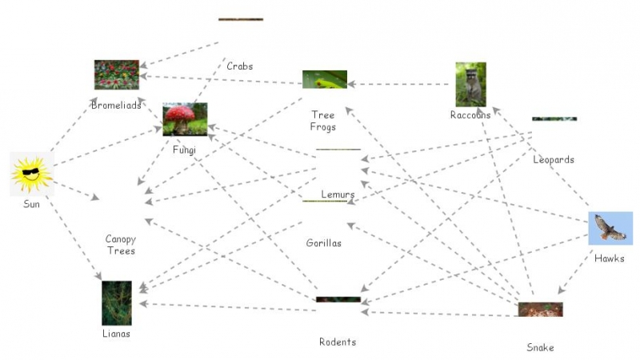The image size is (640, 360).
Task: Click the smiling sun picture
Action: tap(32, 174)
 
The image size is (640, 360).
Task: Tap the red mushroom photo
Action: tap(185, 119)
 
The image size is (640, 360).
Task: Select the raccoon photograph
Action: tap(470, 84)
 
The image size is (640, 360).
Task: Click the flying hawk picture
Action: tap(610, 228)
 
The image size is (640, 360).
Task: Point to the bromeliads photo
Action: tap(117, 74)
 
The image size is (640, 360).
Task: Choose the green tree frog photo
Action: tap(325, 79)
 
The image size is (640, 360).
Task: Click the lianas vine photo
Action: tap(117, 302)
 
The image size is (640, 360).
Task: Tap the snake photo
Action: tap(540, 310)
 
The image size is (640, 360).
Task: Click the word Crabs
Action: tap(239, 66)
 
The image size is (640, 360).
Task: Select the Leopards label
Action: tap(554, 160)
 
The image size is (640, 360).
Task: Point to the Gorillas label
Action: tap(323, 243)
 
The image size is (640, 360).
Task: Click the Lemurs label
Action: tap(338, 194)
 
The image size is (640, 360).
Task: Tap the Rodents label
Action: tap(338, 342)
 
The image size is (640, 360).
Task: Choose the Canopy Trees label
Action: tap(121, 245)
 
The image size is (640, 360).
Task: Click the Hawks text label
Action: tap(610, 258)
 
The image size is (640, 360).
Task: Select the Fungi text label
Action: tap(184, 150)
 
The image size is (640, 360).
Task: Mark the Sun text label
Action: tap(32, 205)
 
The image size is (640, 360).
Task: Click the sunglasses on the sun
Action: tap(32, 172)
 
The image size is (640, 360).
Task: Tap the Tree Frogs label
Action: tap(323, 122)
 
